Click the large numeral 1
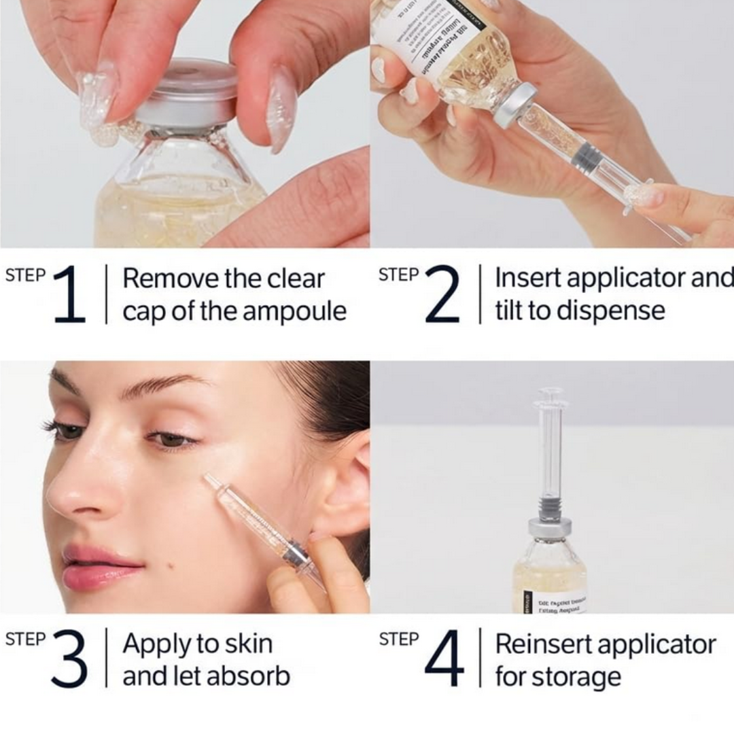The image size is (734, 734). [69, 294]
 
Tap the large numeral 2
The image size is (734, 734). [442, 294]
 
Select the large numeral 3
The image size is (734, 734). [69, 659]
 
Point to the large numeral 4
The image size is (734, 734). [444, 659]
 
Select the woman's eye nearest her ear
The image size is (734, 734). [170, 440]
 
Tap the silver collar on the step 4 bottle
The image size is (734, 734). [550, 526]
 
